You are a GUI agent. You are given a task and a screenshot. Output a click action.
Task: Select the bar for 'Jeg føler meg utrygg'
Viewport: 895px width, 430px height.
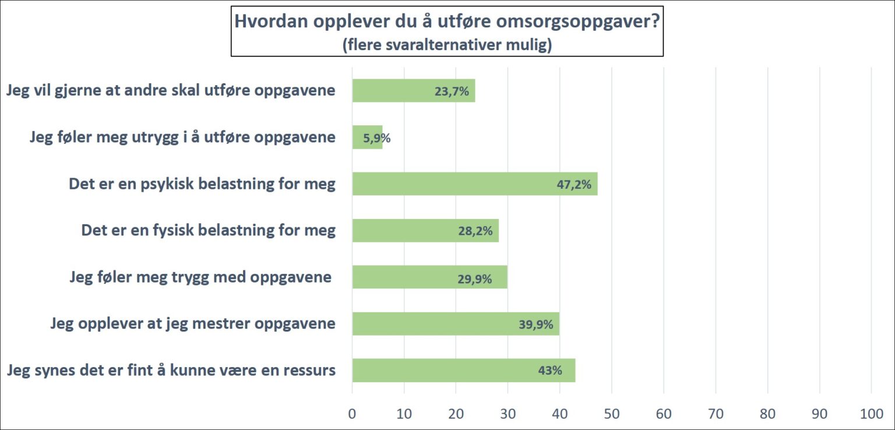coord(367,138)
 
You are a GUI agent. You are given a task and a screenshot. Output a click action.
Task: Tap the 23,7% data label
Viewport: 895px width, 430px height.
coord(452,91)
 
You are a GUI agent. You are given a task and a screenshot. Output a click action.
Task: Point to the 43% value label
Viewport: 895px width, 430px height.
coord(550,371)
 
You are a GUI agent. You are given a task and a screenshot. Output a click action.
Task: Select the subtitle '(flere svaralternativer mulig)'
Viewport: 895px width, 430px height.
coord(447,45)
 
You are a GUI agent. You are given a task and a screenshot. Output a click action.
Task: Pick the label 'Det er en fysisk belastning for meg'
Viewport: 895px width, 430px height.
coord(208,230)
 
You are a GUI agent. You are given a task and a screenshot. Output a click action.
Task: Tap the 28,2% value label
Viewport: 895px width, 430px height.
coord(475,231)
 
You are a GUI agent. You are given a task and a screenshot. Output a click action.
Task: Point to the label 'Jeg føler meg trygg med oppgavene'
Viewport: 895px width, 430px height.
coord(200,277)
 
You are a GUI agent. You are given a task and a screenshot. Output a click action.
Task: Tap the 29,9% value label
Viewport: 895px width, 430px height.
coord(474,279)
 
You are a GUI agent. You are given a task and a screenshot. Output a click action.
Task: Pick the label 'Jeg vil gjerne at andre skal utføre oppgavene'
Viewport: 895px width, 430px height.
coord(171,91)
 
